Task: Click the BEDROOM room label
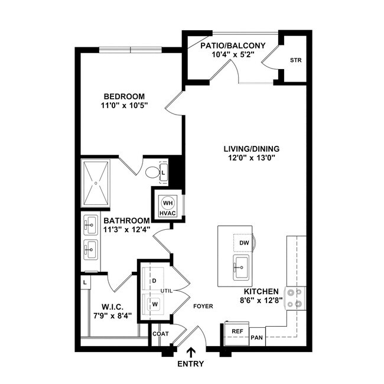click(124, 96)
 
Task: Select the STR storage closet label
click(295, 60)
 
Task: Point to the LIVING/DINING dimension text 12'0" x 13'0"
click(251, 158)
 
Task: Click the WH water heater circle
click(168, 202)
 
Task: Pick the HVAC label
click(168, 211)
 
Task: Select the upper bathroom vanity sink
click(90, 224)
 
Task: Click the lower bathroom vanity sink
click(90, 249)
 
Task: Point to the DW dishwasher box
click(244, 242)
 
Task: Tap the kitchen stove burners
click(296, 298)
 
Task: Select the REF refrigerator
click(237, 333)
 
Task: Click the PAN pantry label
click(256, 338)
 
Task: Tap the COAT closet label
click(161, 334)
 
